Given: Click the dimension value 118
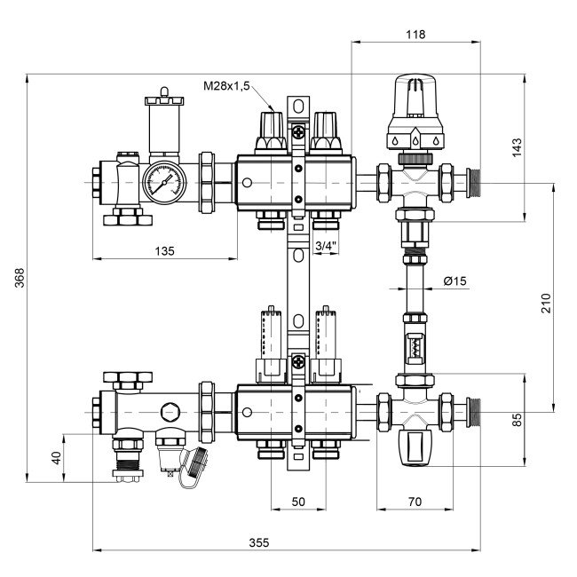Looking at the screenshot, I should point(415,35).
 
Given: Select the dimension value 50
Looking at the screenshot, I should point(298,502).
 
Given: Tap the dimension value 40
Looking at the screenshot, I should point(57,457).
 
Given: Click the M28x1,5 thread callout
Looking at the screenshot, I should point(227,86).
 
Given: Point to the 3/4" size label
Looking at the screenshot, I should point(325,244).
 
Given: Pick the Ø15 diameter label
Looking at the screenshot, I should point(454,281).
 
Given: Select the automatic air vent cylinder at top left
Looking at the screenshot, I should point(162,123).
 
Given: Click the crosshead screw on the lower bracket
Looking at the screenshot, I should point(298,362).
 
